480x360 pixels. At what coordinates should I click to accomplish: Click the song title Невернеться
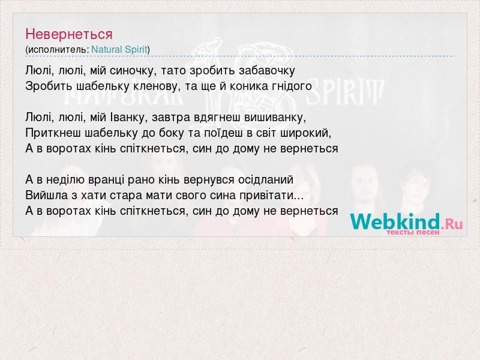[69, 34]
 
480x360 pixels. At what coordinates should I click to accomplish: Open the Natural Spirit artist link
[119, 50]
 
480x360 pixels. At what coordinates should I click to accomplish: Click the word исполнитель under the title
[58, 50]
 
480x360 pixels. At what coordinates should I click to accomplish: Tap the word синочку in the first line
[133, 71]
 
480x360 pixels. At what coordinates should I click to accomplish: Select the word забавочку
[267, 71]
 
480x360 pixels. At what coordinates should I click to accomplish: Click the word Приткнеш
[53, 133]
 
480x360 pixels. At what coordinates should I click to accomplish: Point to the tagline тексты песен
[413, 232]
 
